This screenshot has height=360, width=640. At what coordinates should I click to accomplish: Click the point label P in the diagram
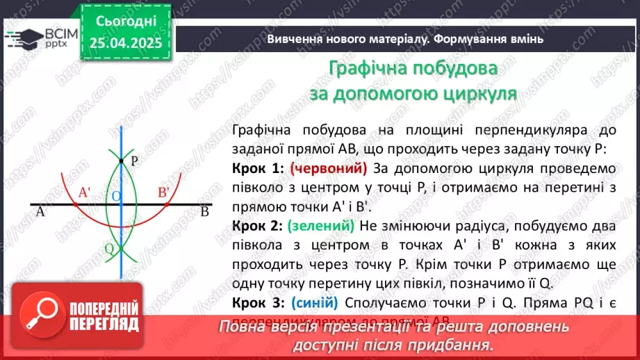134,160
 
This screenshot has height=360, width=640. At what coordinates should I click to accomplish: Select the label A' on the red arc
86,193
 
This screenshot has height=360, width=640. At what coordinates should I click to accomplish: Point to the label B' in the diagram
164,193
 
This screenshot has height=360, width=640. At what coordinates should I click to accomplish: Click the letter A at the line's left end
40,213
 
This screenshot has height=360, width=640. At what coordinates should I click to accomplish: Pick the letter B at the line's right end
204,213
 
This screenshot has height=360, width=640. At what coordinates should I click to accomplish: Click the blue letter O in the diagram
117,197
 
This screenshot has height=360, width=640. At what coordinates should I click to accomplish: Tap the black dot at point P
121,161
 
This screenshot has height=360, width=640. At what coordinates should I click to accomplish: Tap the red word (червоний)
328,169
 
